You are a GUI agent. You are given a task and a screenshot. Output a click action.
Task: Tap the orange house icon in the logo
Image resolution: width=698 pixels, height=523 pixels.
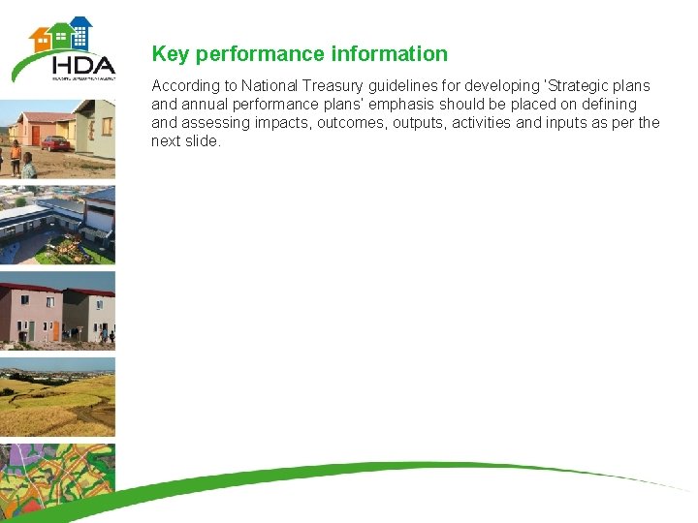point(41,38)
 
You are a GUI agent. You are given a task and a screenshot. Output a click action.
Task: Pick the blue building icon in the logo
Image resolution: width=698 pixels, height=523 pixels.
point(80,33)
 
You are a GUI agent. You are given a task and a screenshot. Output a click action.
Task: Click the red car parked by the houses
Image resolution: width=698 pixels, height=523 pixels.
point(55,143)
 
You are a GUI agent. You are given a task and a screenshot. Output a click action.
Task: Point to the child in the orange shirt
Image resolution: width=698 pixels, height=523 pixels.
point(16,155)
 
